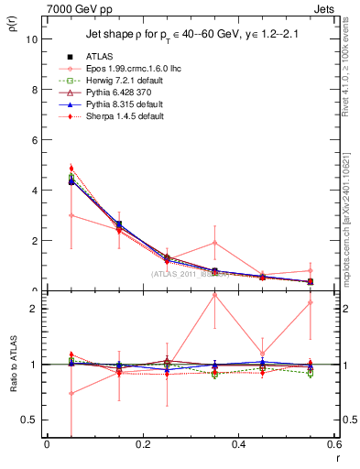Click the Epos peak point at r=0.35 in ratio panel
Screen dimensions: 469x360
214,295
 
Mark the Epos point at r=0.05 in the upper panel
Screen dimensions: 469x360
71,215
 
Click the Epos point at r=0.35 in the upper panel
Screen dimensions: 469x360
214,243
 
